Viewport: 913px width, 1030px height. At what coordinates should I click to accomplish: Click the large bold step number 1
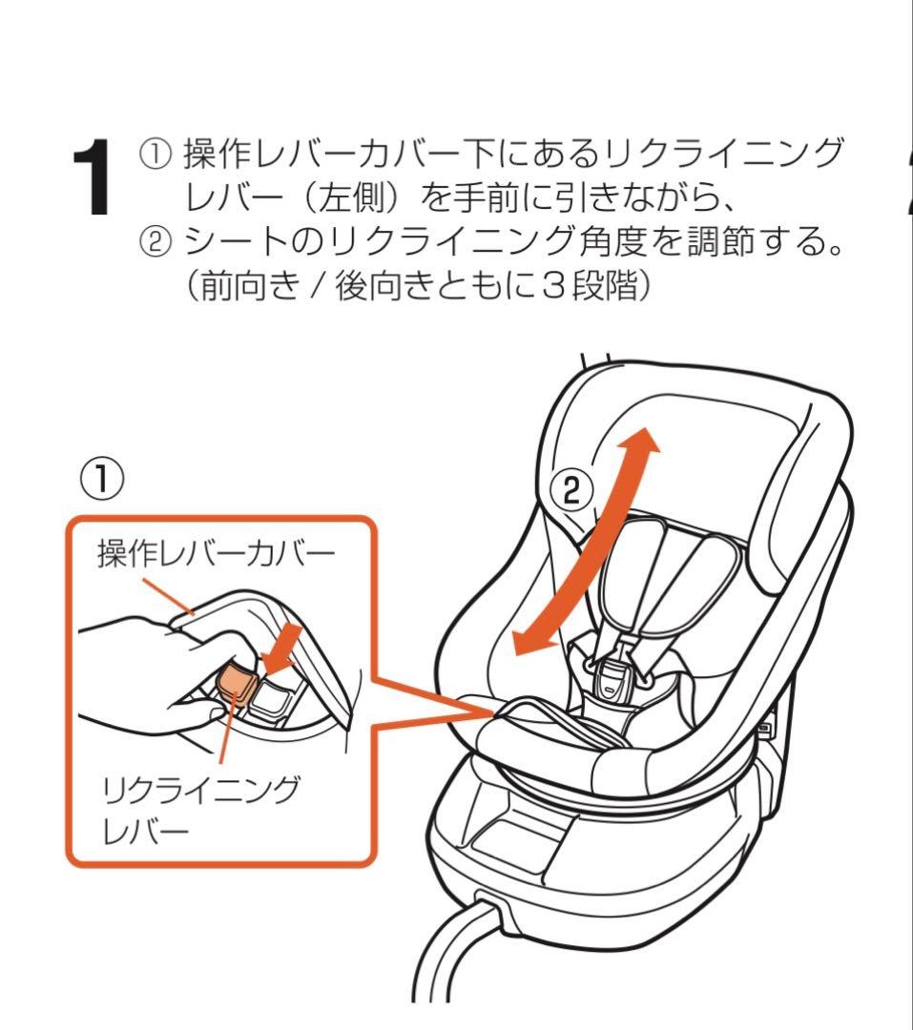pos(92,177)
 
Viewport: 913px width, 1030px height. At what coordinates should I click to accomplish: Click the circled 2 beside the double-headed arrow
pos(571,489)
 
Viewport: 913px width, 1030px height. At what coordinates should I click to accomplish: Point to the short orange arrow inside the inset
pos(282,649)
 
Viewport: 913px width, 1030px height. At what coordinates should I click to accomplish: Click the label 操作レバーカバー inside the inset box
pos(217,553)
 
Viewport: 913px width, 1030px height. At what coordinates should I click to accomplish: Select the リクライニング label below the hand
pos(201,791)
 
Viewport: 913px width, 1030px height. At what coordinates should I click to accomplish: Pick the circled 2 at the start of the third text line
pos(156,242)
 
